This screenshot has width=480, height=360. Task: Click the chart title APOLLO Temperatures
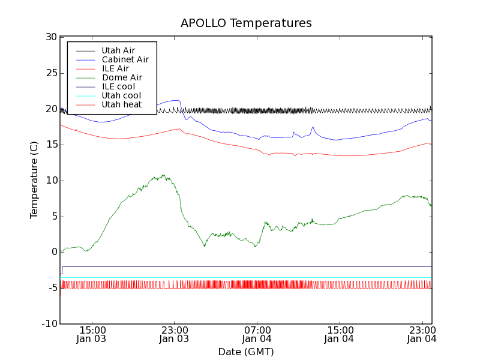click(x=246, y=23)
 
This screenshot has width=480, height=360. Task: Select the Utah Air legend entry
click(x=118, y=50)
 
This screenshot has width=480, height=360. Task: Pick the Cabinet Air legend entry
click(x=125, y=59)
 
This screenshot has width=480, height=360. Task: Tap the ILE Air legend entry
click(x=115, y=68)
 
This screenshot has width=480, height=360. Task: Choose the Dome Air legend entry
click(x=122, y=77)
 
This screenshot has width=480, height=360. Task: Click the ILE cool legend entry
click(x=118, y=86)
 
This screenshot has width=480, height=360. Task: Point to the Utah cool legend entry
click(x=121, y=95)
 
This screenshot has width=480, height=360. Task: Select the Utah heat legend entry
click(x=121, y=104)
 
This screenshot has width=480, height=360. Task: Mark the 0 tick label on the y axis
click(x=53, y=252)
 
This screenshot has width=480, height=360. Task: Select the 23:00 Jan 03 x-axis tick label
click(x=174, y=334)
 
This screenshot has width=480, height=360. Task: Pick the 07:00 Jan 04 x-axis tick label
click(x=257, y=334)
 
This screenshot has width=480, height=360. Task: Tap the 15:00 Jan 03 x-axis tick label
click(x=92, y=334)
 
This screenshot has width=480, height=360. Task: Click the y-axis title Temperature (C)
click(x=34, y=180)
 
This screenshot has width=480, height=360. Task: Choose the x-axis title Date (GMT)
click(x=246, y=352)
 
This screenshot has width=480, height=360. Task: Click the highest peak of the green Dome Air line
click(x=164, y=175)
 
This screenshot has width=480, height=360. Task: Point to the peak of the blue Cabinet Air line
click(x=176, y=100)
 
